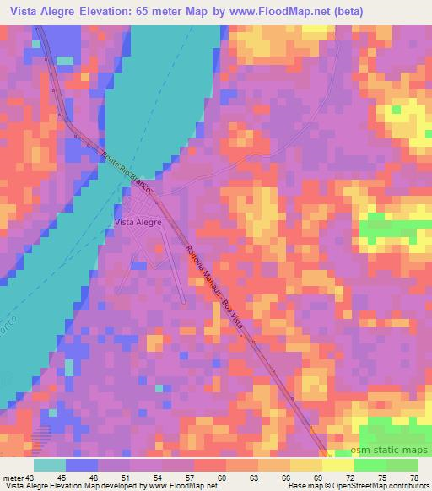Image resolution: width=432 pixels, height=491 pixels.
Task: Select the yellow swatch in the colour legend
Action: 337,464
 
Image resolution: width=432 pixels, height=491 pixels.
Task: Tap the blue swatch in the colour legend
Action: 82,464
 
